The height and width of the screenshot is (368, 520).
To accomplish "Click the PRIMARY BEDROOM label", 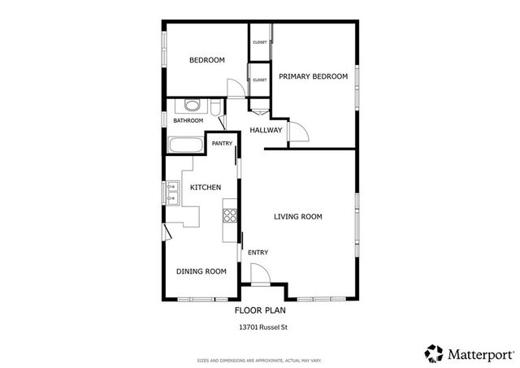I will point(313,76).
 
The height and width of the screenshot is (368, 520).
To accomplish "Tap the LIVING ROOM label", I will point(298,217).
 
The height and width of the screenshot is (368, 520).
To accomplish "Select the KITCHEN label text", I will point(206,188).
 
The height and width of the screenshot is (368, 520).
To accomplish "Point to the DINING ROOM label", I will point(201,271).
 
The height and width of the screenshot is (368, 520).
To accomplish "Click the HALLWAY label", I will point(266,130).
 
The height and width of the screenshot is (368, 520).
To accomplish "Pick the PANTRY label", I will point(222,144).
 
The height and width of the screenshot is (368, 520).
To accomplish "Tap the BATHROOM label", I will point(188,121).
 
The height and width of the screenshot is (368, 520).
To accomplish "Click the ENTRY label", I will point(258,253).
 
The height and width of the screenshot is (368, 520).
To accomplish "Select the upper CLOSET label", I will point(260,41).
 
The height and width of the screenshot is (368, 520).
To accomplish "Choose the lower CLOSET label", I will point(260,80).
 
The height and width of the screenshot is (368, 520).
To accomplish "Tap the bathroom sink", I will point(192,106).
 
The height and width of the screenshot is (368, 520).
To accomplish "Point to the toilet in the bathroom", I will point(215,107).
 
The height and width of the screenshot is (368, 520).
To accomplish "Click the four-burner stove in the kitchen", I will point(230,215).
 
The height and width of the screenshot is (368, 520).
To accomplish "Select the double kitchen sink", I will point(172,193).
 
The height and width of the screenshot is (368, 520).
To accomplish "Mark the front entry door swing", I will point(260,275).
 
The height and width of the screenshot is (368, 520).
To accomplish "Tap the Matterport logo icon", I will point(434,353).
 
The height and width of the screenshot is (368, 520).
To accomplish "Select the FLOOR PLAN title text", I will point(260,310).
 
